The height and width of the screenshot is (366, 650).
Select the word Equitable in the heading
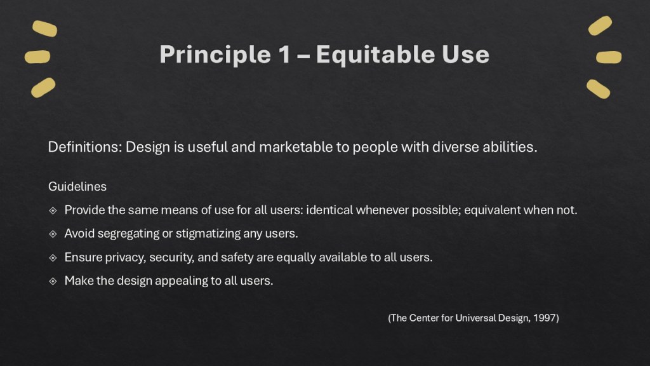[x=375, y=55]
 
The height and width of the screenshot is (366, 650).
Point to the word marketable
[x=306, y=147]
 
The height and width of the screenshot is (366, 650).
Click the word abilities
[x=511, y=147]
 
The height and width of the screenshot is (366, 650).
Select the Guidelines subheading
[x=77, y=187]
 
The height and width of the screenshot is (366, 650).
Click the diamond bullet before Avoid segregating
[x=53, y=234]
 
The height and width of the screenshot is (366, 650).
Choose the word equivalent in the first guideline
[x=493, y=210]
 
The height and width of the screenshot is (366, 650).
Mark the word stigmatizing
[x=208, y=234]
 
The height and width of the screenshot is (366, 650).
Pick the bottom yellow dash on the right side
[x=598, y=88]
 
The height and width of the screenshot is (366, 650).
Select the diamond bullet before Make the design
[x=53, y=280]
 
